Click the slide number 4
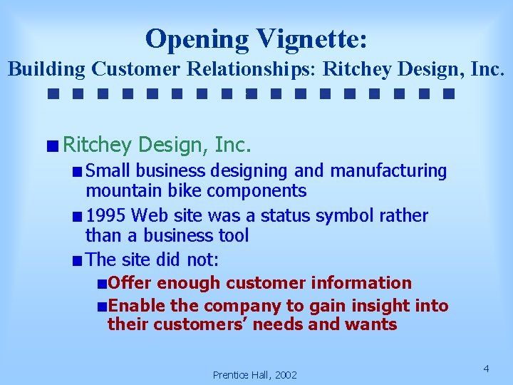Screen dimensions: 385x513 tap(486, 369)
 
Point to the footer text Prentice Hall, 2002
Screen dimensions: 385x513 tap(254, 374)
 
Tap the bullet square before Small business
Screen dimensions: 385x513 tap(77, 172)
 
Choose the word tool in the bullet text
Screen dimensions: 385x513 tap(232, 235)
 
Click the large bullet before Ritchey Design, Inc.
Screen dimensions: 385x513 tap(53, 146)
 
